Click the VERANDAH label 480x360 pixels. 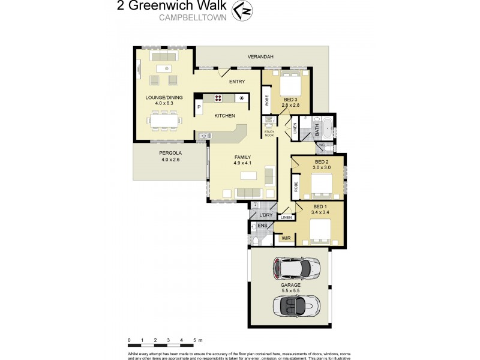click(260, 57)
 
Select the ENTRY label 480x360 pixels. click(238, 82)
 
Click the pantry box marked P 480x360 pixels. click(198, 108)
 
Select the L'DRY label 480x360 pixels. click(265, 215)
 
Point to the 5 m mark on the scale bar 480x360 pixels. click(194, 341)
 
